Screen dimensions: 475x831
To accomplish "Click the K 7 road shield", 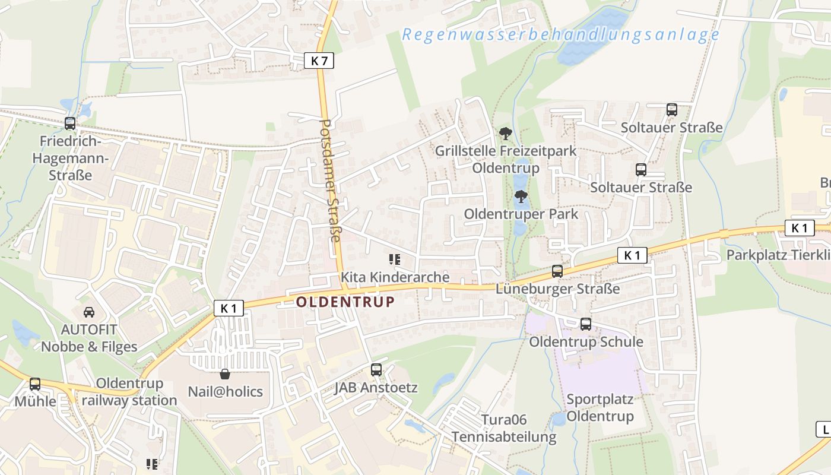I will coord(319,60).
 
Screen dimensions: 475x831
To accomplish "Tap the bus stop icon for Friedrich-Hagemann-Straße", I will coord(70,123).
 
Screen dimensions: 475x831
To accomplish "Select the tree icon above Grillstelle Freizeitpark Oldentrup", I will coord(505,134).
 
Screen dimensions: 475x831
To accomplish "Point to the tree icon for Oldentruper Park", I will coord(521,197).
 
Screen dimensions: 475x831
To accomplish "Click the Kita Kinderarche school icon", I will coord(394,259).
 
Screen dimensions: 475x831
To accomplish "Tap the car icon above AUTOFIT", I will coord(88,312).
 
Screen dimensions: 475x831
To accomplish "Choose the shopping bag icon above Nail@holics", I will coord(225,374).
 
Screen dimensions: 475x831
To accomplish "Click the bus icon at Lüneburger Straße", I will coord(557,271).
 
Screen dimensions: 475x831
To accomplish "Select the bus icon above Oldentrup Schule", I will coord(586,324).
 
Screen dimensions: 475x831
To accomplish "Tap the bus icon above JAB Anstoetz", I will coord(376,370).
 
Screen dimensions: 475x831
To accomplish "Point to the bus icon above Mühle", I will coord(35,384).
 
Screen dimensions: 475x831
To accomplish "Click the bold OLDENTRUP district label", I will coord(345,302).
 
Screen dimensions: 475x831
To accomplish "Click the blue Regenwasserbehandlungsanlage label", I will coord(560,34).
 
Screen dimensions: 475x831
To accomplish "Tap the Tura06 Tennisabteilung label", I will coord(504,429).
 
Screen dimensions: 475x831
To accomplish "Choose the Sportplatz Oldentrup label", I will coord(600,407).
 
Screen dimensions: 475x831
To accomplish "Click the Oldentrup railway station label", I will coord(129,392).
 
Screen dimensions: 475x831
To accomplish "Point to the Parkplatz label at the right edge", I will coord(778,255).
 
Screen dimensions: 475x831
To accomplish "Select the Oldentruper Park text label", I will coord(521,214).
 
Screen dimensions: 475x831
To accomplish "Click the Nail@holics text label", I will coord(225,392).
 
